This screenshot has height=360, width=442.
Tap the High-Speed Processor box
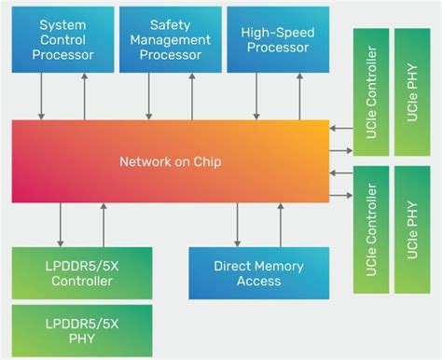click(x=277, y=42)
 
